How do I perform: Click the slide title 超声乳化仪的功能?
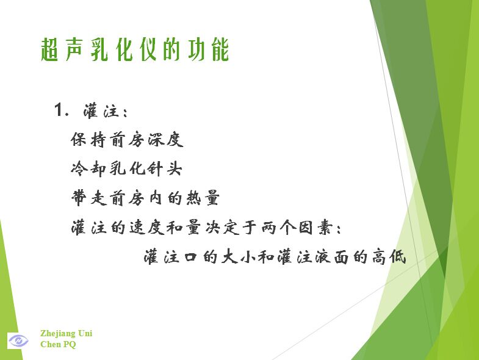pos(135,49)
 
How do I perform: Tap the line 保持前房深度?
pos(127,140)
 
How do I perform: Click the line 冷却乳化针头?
pos(126,168)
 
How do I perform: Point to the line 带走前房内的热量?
pos(145,198)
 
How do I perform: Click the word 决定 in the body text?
pos(221,228)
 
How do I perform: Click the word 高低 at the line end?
pos(389,257)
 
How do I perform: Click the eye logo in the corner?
pos(18,340)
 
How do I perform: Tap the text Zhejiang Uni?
pos(67,333)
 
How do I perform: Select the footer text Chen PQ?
pos(58,344)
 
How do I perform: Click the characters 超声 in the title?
pos(62,49)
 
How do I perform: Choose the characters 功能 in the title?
pos(208,49)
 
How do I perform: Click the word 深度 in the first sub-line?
pos(165,140)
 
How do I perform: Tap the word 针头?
pos(165,168)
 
